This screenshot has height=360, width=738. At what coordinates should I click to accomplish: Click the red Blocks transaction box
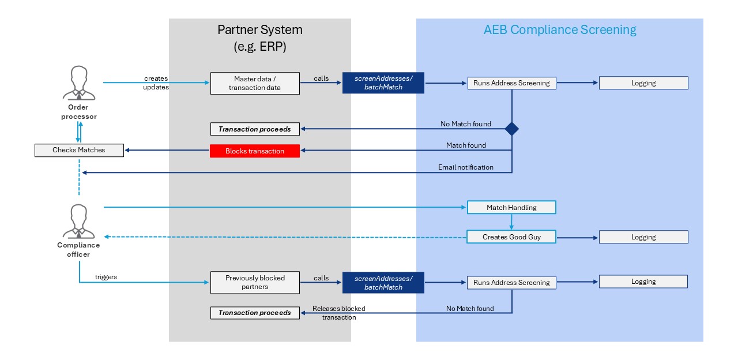pos(255,151)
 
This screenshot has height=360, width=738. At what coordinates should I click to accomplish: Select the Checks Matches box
pos(79,150)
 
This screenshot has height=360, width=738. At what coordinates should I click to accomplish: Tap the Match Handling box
pos(511,207)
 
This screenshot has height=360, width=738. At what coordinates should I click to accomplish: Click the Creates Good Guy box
pos(511,237)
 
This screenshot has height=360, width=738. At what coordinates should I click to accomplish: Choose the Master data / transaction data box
pos(255,83)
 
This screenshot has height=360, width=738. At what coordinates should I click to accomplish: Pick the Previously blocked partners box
pos(255,282)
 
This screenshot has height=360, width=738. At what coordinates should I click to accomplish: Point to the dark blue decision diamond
pos(511,129)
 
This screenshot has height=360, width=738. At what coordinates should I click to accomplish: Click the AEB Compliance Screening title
pos(560,30)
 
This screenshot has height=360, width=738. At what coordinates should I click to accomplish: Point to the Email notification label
pos(466,167)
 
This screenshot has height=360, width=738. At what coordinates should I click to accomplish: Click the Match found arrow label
pos(466,145)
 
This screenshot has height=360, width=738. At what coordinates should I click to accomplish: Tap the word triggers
pos(106,277)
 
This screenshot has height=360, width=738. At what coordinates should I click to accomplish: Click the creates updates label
pos(156,82)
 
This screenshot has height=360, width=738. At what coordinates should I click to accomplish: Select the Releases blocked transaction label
pos(339,313)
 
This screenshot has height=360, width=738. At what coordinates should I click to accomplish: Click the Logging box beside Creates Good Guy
pos(643,237)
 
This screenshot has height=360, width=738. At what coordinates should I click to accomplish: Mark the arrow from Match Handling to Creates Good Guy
pos(511,222)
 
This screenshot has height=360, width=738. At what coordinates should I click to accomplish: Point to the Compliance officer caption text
pos(78,249)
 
